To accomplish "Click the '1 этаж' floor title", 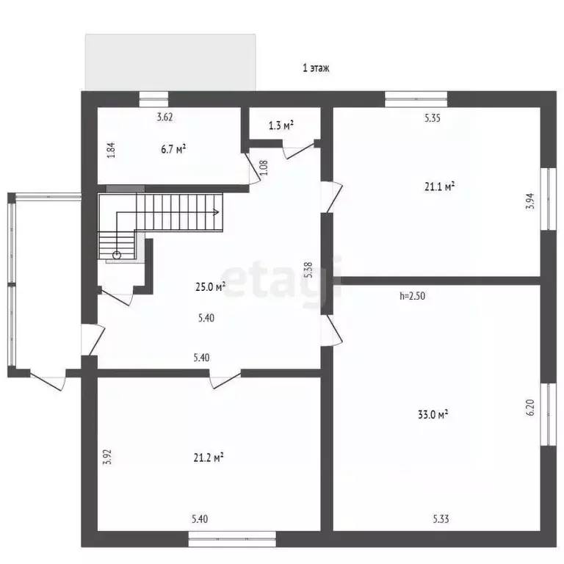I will (317, 68).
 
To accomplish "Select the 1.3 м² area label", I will (281, 126).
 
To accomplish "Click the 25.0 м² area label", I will (210, 287).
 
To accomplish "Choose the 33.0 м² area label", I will (433, 415).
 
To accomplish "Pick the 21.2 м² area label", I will (209, 457).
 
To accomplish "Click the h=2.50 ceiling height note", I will (413, 296).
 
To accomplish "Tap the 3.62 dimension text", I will (165, 117).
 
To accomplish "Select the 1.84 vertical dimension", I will (111, 150).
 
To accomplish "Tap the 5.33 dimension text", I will (441, 520).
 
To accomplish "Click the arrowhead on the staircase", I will (217, 213).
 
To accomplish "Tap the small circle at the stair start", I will (116, 255).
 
